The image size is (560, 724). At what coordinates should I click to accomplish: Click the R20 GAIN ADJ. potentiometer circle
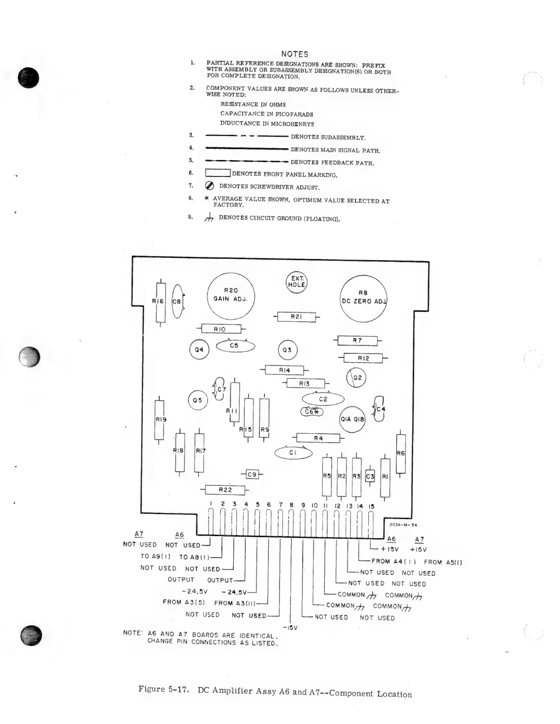click(231, 295)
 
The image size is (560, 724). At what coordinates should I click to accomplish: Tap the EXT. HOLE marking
click(296, 282)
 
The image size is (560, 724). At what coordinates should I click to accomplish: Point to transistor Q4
click(199, 350)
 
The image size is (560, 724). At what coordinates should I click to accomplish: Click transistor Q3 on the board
click(287, 350)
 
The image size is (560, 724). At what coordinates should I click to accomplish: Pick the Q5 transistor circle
click(198, 400)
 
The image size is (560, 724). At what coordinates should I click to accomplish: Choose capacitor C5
click(235, 346)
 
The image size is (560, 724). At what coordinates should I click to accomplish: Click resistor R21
click(296, 317)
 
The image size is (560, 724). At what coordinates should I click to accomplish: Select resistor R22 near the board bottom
click(225, 490)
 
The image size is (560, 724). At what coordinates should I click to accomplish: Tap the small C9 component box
click(252, 474)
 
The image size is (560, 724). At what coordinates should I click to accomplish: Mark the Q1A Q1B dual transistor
click(352, 419)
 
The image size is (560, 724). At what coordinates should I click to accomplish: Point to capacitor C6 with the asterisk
click(312, 412)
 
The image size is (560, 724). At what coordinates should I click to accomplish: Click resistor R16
click(160, 302)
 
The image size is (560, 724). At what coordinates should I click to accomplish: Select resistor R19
click(159, 419)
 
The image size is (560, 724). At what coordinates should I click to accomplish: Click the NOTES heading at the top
click(295, 54)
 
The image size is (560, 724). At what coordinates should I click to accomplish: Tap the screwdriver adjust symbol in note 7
click(210, 186)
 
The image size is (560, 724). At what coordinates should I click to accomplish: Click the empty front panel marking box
click(217, 173)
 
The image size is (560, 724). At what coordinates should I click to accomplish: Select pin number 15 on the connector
click(371, 506)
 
